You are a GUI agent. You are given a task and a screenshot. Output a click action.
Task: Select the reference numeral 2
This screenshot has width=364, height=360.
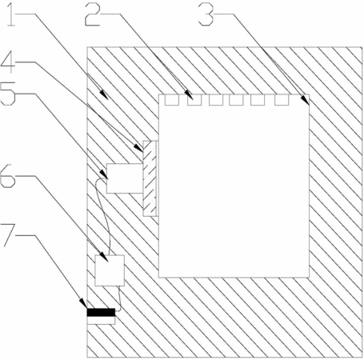(x=93, y=15)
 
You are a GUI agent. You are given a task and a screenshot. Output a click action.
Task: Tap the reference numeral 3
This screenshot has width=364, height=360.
(x=206, y=15)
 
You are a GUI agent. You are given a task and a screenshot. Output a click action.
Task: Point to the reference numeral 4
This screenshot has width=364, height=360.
(x=8, y=62)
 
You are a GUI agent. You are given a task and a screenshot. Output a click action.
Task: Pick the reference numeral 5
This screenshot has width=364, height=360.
(x=8, y=94)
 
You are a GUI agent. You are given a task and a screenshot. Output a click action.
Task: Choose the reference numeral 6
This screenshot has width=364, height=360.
(x=8, y=176)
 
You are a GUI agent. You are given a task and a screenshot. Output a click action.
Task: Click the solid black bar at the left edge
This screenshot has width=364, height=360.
(x=101, y=312)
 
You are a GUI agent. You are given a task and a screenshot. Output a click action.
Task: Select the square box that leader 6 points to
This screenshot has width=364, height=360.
(x=110, y=270)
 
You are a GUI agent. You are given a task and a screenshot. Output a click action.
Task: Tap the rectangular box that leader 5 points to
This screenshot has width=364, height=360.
(x=125, y=178)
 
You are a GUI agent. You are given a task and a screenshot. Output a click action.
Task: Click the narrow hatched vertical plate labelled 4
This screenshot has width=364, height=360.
(x=150, y=178)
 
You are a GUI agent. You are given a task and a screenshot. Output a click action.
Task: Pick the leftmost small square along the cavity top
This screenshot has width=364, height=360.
(x=172, y=100)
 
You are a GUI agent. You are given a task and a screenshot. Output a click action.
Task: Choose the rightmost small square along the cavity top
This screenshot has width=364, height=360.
(x=282, y=100)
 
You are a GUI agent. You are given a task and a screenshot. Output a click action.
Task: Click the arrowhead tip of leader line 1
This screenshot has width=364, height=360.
(x=108, y=99)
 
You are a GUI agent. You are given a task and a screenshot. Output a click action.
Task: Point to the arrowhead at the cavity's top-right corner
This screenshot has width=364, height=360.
(x=309, y=104)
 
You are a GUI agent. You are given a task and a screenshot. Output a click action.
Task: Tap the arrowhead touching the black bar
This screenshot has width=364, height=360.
(x=87, y=308)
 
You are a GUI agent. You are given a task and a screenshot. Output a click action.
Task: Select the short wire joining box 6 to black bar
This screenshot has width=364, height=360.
(x=119, y=298)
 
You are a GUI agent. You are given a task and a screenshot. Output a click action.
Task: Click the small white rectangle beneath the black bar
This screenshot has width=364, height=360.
(x=101, y=320)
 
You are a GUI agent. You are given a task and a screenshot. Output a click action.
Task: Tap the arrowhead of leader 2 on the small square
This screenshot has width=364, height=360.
(x=193, y=98)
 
